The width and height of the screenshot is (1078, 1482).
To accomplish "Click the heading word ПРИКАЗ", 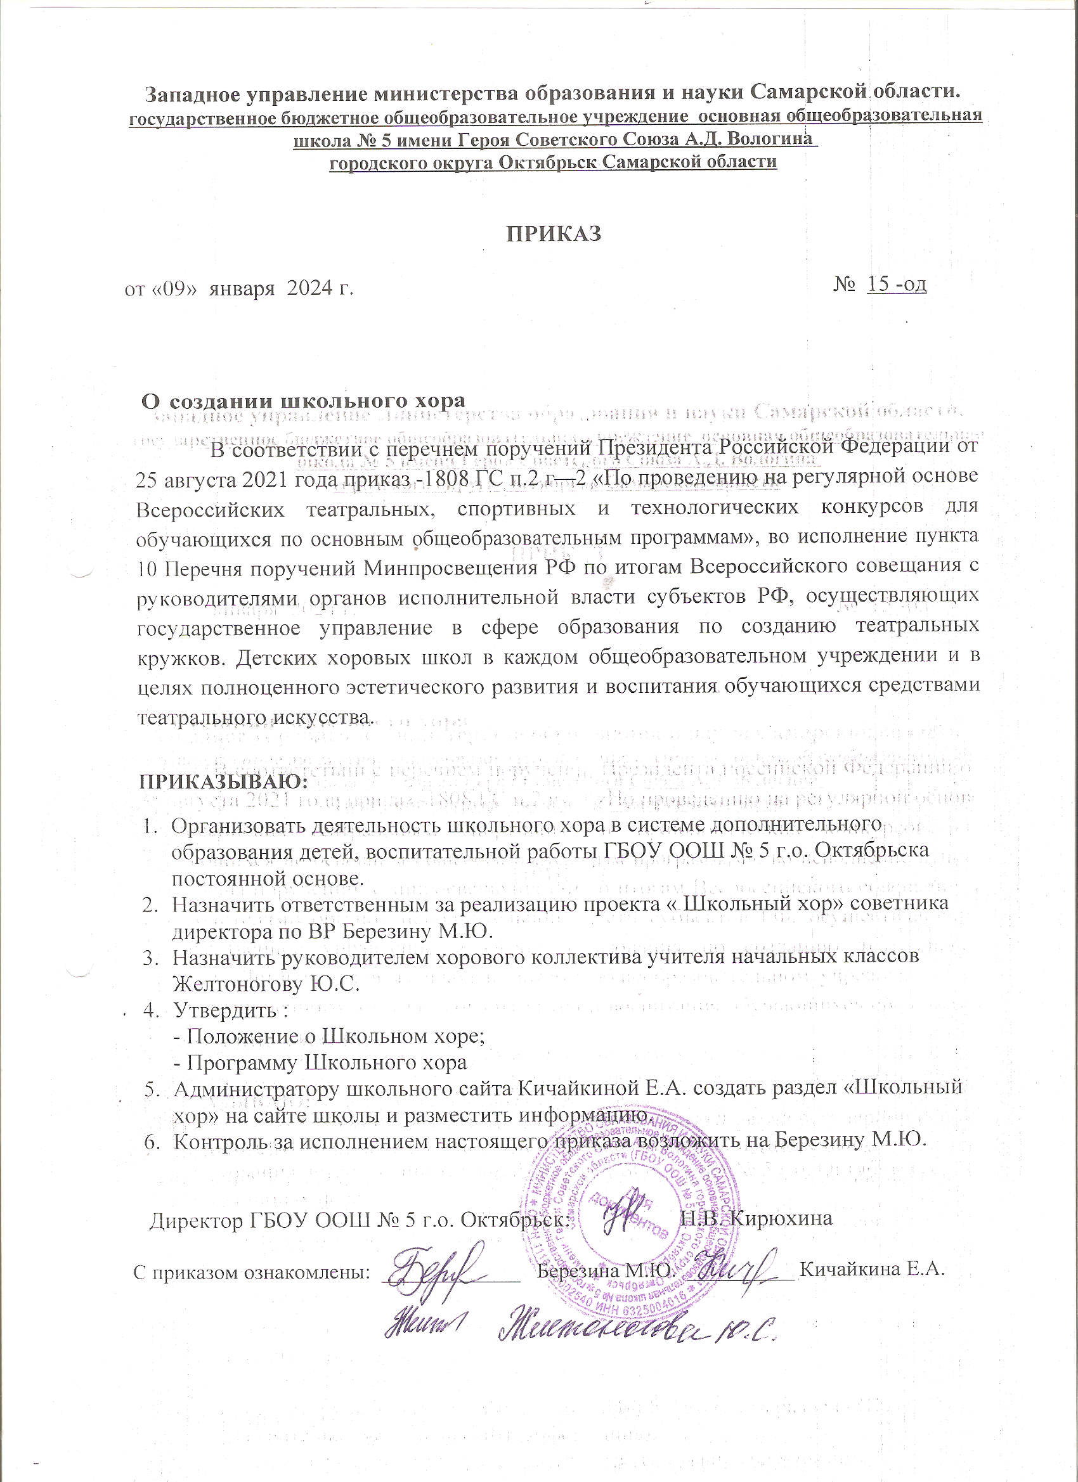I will (x=554, y=233).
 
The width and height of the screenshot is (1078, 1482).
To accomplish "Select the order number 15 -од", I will (x=895, y=284).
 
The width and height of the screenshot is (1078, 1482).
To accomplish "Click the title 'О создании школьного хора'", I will (x=304, y=401).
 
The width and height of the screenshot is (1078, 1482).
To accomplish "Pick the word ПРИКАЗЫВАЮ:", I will (x=224, y=782).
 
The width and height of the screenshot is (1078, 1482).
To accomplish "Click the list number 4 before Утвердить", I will (x=150, y=1010).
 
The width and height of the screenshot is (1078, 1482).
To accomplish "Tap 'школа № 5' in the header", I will (x=335, y=140).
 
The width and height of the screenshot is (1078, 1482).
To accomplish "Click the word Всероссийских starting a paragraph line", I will (x=210, y=508).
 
